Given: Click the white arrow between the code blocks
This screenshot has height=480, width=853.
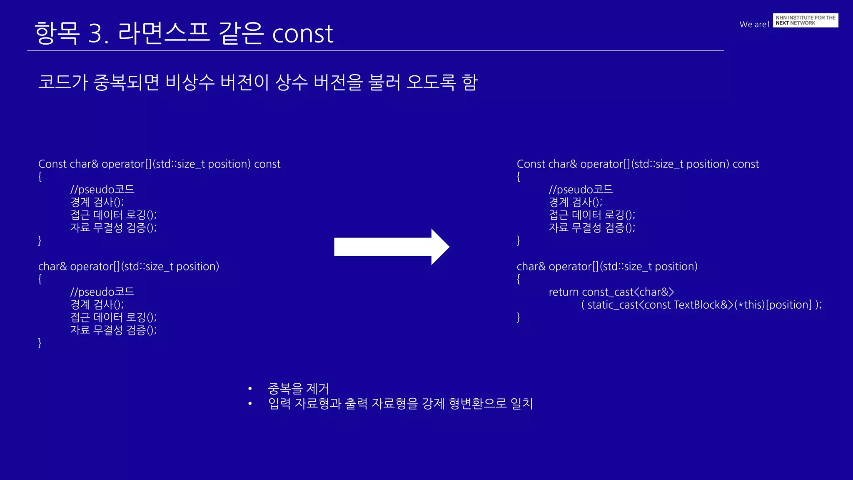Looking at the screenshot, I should click(x=392, y=247).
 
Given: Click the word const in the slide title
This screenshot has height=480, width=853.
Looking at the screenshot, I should click(x=302, y=33).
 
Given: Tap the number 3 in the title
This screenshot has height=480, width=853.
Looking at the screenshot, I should click(x=97, y=33).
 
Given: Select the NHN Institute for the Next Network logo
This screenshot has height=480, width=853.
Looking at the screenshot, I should click(x=805, y=20).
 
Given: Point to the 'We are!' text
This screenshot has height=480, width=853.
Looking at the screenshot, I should click(x=754, y=24).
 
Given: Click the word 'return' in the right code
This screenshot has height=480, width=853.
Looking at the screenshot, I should click(x=564, y=292).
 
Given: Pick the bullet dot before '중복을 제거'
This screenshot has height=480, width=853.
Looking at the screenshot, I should click(x=250, y=389).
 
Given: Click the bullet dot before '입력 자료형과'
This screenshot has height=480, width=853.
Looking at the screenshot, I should click(x=250, y=403).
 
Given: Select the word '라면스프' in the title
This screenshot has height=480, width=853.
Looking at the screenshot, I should click(x=164, y=32).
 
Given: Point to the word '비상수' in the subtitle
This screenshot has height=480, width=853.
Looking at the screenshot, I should click(x=190, y=82).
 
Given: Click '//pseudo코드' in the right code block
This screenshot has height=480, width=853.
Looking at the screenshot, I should click(x=581, y=190).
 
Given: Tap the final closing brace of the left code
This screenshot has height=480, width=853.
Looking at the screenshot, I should click(x=40, y=343).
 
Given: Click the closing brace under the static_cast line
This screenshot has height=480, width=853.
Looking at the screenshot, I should click(x=518, y=317).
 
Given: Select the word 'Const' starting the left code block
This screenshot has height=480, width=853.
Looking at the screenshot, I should click(x=52, y=164).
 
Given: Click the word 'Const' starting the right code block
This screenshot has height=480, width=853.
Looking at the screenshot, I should click(x=531, y=164).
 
